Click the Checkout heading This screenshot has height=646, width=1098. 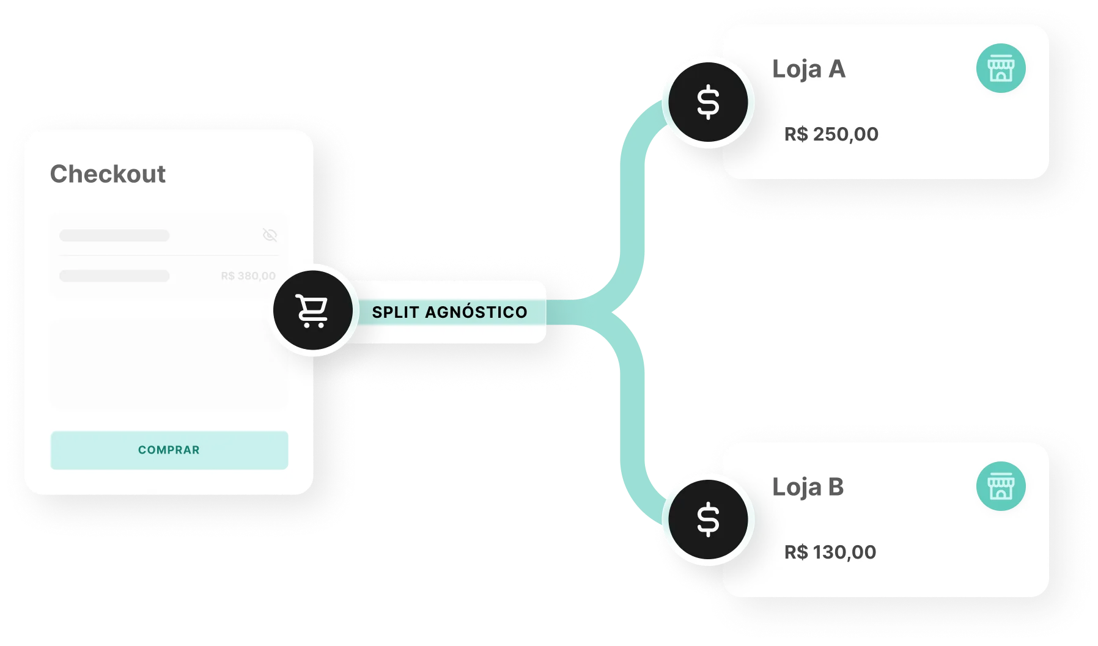(x=108, y=174)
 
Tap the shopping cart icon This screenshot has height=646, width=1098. (x=312, y=311)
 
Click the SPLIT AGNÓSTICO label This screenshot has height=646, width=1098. (x=449, y=312)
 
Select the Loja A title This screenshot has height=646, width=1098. (x=808, y=69)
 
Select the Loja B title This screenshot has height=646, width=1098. (x=808, y=487)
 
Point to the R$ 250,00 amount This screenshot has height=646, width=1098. (x=831, y=134)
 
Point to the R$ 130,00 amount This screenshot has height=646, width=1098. (x=830, y=552)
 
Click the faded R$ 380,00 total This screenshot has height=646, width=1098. (x=248, y=276)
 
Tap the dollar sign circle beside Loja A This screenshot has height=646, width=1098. (x=708, y=103)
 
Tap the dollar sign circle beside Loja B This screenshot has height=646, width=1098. (x=708, y=520)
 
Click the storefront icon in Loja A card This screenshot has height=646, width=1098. (x=1000, y=68)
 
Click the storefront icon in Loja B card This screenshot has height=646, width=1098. (x=1000, y=486)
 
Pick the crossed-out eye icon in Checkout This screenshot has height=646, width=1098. (x=270, y=235)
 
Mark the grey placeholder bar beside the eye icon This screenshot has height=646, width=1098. (x=114, y=235)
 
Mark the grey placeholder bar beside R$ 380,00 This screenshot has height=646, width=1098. (x=114, y=276)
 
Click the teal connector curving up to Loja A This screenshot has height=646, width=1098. (x=633, y=183)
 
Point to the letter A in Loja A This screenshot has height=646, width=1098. (x=836, y=69)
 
